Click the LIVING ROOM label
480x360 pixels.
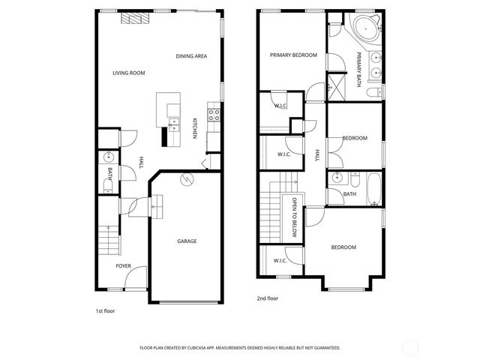[128, 73]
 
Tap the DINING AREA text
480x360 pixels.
[191, 56]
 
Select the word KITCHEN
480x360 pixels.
[195, 127]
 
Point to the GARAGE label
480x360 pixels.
[187, 241]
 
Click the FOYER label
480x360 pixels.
[123, 266]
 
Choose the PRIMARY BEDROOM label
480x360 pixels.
[294, 55]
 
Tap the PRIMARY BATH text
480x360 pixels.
[358, 70]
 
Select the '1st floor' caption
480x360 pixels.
[105, 310]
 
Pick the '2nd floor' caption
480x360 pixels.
[267, 298]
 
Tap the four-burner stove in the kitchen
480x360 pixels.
[214, 115]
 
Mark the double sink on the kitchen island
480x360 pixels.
[173, 124]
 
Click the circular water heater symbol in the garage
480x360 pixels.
[187, 179]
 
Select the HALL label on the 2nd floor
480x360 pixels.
[317, 155]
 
